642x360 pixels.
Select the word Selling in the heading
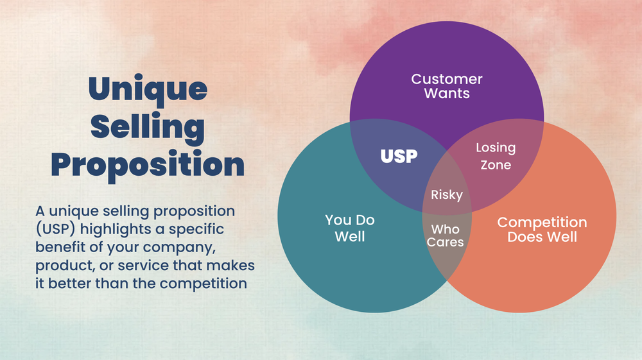[x=147, y=126]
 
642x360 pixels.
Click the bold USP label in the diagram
[x=399, y=156]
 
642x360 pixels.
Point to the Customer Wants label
[x=447, y=87]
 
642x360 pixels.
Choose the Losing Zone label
[x=496, y=156]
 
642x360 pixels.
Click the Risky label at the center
[x=447, y=194]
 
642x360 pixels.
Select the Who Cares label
[x=446, y=235]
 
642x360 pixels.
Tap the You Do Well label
[x=350, y=228]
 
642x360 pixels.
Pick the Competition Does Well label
[x=542, y=229]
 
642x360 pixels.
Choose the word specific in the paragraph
[x=196, y=228]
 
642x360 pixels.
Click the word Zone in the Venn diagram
[x=496, y=164]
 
